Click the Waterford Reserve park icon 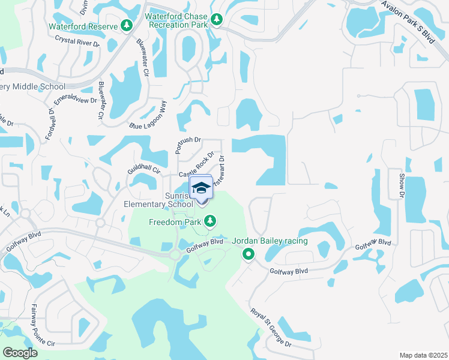126,25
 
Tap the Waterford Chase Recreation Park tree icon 216,20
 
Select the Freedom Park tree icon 209,223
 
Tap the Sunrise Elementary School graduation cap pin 202,188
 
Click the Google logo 20,353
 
